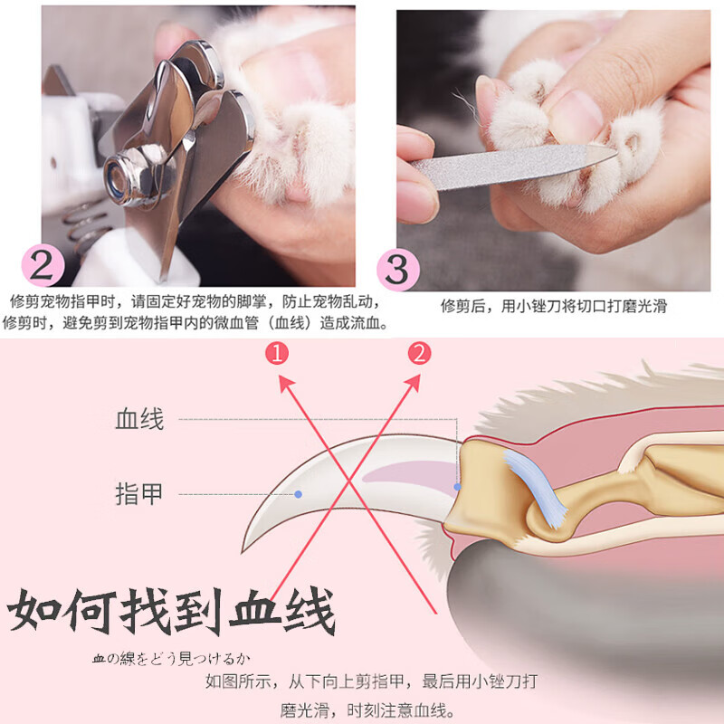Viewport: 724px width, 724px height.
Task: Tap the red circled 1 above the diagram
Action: coord(279,353)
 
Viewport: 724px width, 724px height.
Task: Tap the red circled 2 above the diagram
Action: coord(417,353)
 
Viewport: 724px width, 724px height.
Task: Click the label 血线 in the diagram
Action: coord(139,420)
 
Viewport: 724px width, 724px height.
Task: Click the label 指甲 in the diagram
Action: coord(139,494)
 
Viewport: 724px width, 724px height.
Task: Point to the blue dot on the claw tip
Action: coord(298,494)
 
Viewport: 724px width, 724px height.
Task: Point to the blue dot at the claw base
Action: coord(458,487)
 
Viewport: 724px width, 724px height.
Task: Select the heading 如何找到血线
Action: coord(172,613)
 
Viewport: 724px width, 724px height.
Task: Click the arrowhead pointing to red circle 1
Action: coord(284,381)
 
